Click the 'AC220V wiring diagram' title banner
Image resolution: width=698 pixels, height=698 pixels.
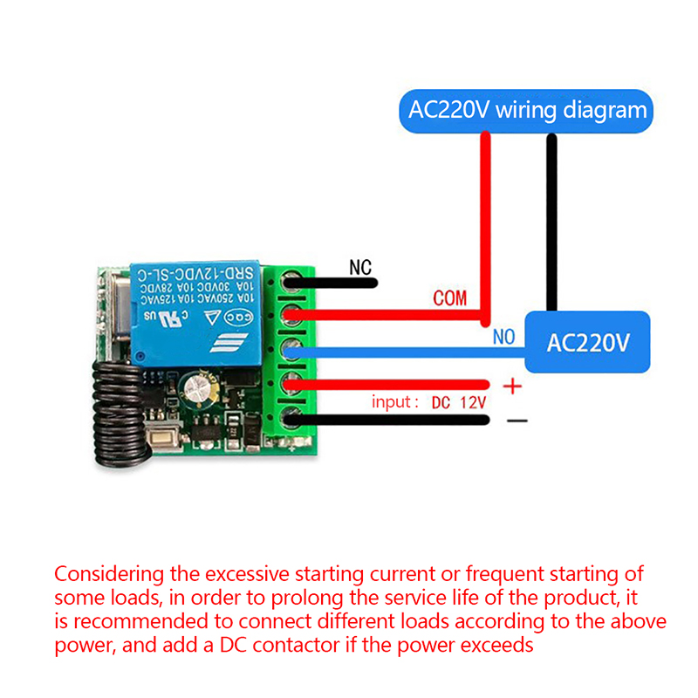tap(527, 111)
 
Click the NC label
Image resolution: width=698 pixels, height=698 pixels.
tap(360, 267)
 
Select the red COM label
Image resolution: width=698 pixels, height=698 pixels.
tap(450, 299)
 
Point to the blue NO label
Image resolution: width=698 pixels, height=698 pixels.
tap(503, 337)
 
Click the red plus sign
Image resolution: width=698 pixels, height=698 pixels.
tap(513, 386)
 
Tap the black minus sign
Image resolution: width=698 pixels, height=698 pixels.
tap(517, 421)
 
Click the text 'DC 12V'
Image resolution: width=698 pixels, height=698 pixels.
tap(458, 402)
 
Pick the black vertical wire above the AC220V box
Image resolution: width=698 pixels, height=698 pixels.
tap(551, 222)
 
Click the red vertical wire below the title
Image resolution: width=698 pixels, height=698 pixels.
tap(485, 222)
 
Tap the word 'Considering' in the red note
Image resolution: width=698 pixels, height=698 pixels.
tap(109, 575)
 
